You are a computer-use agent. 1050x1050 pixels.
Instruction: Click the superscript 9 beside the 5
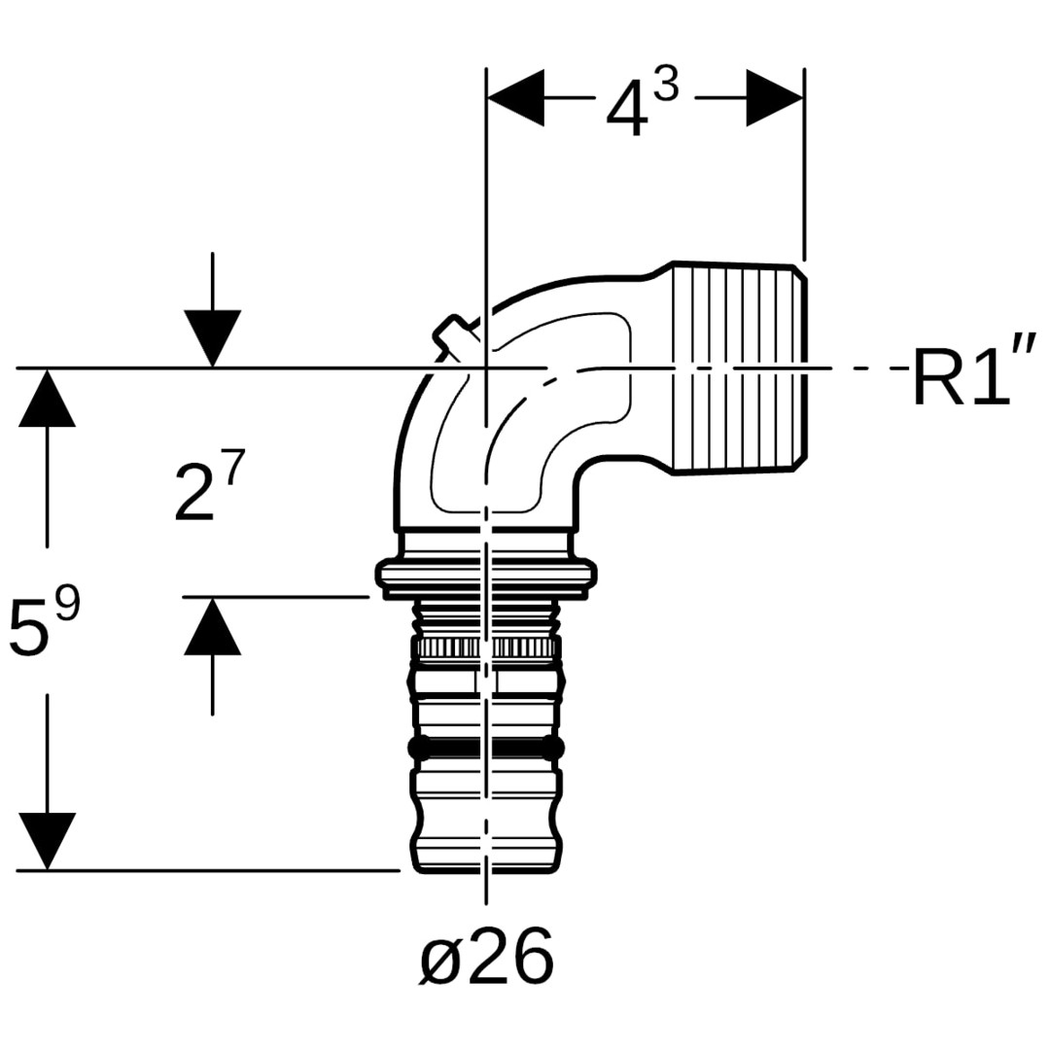point(67,603)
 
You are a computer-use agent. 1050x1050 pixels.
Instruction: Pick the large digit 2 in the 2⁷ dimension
point(194,494)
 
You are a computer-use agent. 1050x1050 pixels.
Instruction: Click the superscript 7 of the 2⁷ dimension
point(233,467)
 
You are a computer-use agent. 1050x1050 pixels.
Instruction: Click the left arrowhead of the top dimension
point(515,97)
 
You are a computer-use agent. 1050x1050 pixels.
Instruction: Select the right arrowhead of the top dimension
point(775,97)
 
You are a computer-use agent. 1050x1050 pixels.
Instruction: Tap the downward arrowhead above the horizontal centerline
point(212,339)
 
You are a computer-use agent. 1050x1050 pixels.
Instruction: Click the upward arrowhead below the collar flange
point(212,625)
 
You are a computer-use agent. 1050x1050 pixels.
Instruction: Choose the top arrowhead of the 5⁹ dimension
point(47,398)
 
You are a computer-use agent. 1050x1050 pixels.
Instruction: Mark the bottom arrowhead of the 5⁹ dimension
point(47,841)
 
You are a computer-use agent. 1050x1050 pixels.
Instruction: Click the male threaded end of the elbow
point(739,367)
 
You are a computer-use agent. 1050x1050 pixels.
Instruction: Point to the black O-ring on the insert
point(485,748)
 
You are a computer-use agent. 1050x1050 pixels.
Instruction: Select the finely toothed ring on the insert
point(485,647)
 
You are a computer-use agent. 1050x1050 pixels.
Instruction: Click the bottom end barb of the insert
point(485,849)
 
